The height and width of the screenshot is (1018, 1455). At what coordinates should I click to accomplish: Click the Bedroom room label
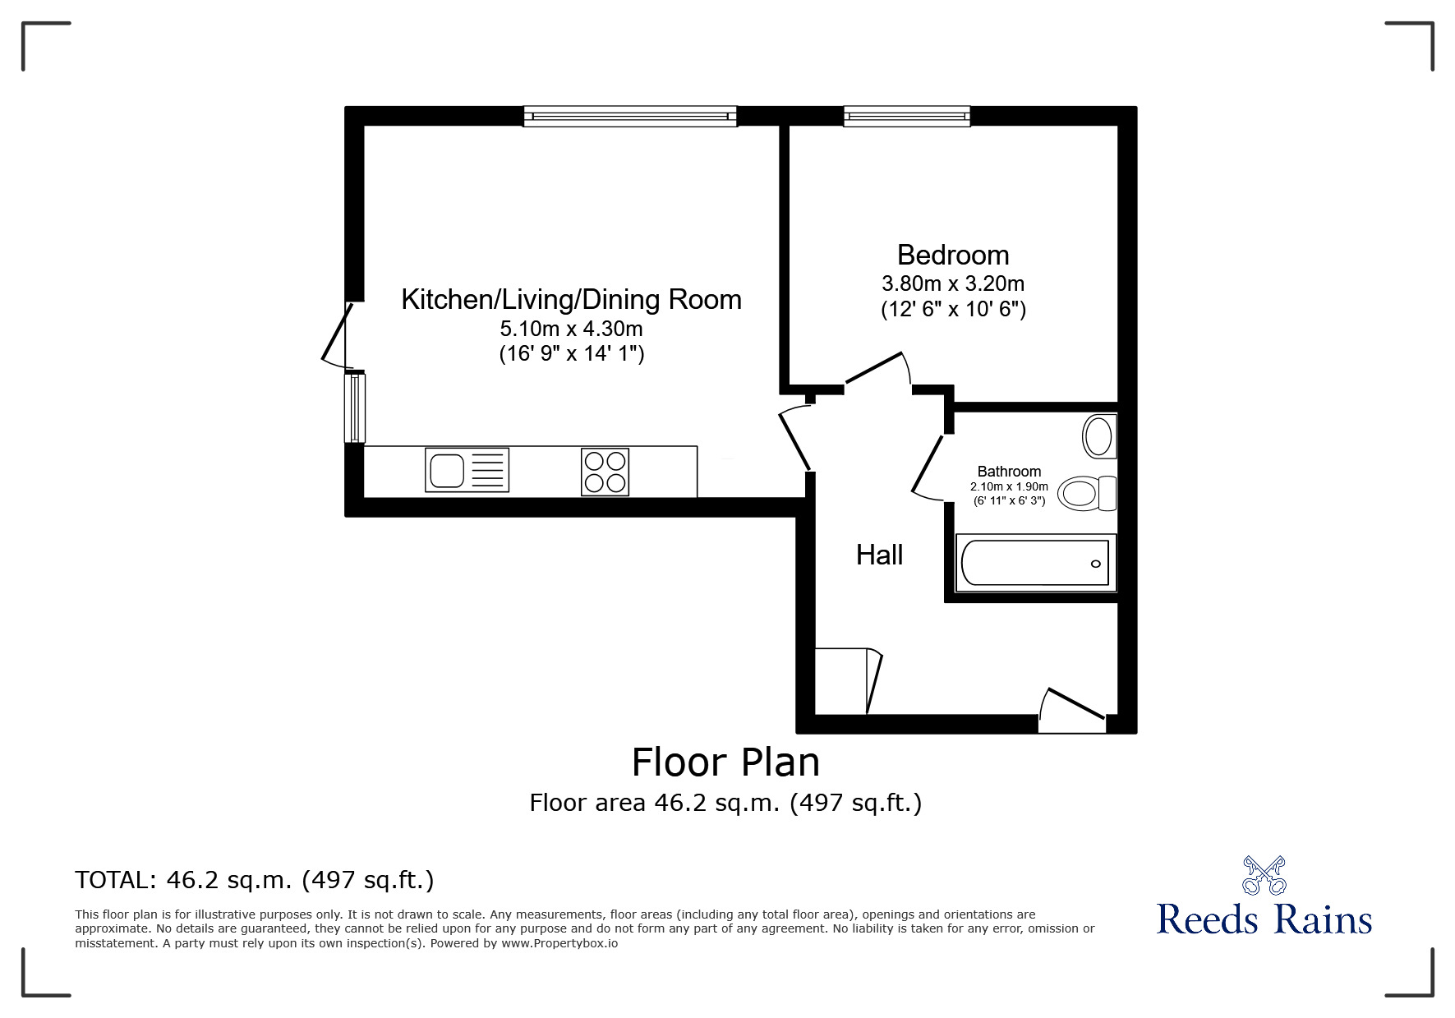pyautogui.click(x=953, y=255)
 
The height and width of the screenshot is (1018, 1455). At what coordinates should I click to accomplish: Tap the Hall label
pyautogui.click(x=879, y=555)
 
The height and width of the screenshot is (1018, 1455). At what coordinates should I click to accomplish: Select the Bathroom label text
pyautogui.click(x=1009, y=472)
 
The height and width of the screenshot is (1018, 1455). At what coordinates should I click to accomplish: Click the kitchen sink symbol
pyautogui.click(x=467, y=470)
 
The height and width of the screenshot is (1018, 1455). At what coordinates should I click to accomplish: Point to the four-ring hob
pyautogui.click(x=605, y=472)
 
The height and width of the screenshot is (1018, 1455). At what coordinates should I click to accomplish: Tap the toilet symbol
pyautogui.click(x=1087, y=494)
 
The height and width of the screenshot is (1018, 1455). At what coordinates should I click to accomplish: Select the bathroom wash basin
pyautogui.click(x=1099, y=436)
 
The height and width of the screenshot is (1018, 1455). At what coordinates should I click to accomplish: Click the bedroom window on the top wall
pyautogui.click(x=907, y=116)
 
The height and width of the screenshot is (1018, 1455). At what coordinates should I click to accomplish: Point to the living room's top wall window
pyautogui.click(x=630, y=116)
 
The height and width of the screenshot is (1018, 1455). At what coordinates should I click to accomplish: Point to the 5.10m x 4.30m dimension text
pyautogui.click(x=572, y=329)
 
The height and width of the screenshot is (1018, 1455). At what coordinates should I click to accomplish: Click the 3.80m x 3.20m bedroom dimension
pyautogui.click(x=953, y=283)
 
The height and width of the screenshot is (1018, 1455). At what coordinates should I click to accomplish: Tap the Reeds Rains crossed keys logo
pyautogui.click(x=1264, y=875)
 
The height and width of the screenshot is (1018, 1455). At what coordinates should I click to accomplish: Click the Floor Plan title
pyautogui.click(x=725, y=762)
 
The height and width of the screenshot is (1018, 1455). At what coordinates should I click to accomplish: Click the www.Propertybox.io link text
pyautogui.click(x=559, y=943)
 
